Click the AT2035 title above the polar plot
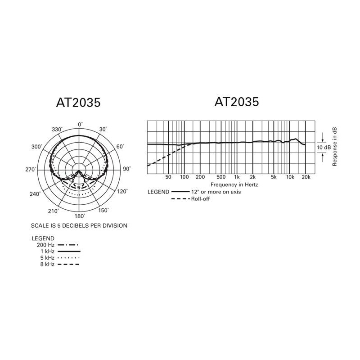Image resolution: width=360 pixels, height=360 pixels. click(78, 103)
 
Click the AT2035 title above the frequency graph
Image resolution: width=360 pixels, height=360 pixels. click(237, 102)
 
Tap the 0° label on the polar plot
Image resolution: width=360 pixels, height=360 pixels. click(80, 125)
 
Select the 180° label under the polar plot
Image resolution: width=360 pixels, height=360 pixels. click(80, 216)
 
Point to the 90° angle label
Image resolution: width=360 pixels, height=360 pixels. click(127, 169)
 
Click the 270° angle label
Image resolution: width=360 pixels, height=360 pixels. click(31, 170)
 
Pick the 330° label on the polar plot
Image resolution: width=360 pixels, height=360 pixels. click(57, 130)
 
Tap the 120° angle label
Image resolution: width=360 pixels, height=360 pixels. click(122, 191)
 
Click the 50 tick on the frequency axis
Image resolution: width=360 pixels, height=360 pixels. click(168, 177)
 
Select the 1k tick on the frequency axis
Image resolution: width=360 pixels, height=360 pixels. click(237, 177)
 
